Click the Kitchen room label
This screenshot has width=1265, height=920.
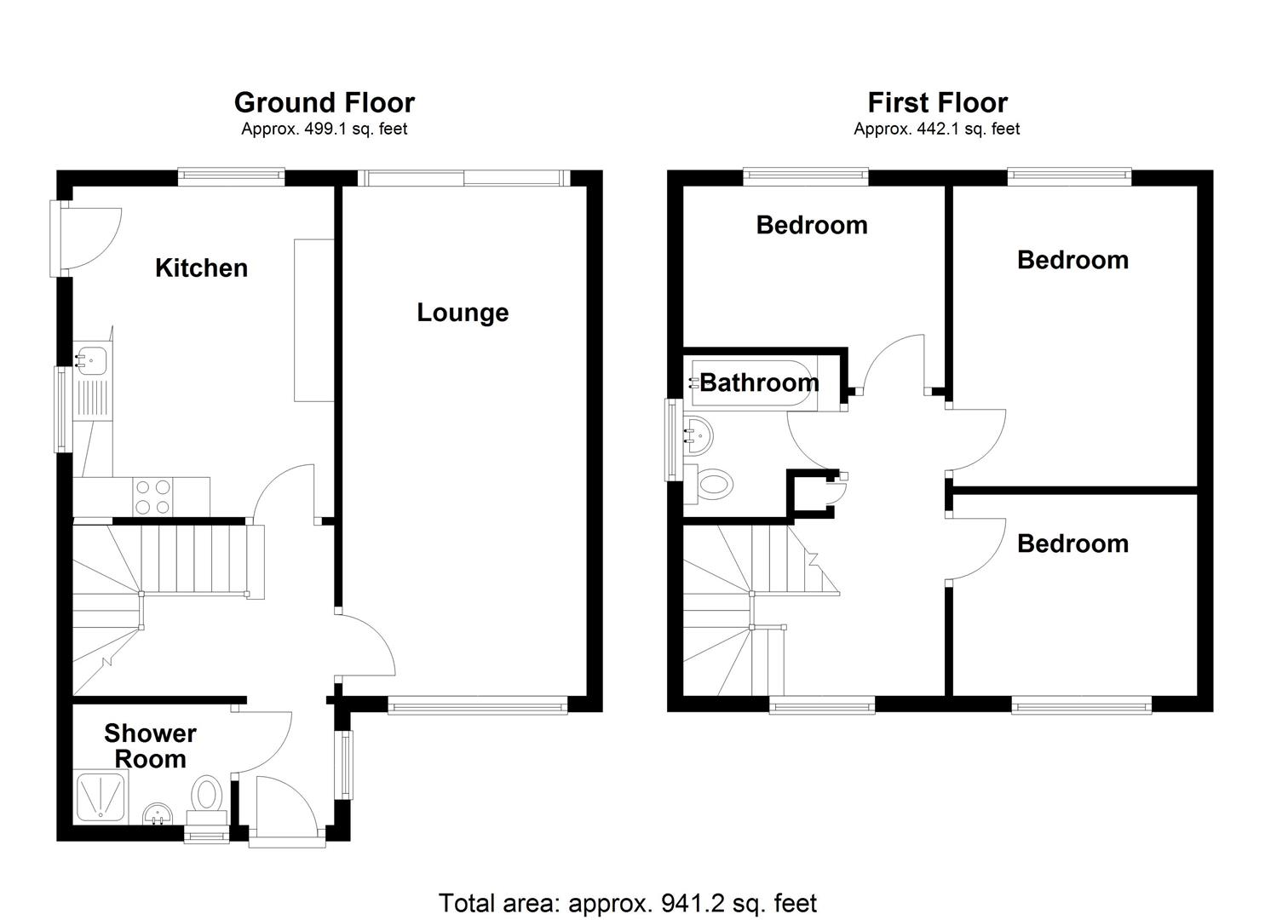click(x=201, y=267)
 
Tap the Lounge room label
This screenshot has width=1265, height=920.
click(x=463, y=313)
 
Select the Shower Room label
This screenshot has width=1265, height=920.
click(x=150, y=745)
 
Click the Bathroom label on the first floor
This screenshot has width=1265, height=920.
click(x=759, y=382)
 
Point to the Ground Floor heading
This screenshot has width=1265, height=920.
click(x=324, y=103)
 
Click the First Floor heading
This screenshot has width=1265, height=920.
click(x=937, y=103)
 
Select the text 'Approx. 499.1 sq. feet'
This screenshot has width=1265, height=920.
click(x=324, y=129)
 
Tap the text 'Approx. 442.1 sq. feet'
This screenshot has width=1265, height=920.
click(x=936, y=129)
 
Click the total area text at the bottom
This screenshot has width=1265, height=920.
click(x=627, y=902)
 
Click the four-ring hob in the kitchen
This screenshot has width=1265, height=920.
click(x=152, y=497)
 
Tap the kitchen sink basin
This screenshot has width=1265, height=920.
click(x=89, y=361)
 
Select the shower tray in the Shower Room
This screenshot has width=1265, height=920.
click(x=101, y=798)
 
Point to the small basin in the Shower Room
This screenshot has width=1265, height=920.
click(x=156, y=814)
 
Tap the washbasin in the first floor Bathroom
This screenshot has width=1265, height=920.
click(x=697, y=436)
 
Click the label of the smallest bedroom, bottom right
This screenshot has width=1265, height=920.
click(x=1072, y=543)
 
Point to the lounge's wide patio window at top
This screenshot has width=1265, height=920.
click(x=463, y=177)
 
